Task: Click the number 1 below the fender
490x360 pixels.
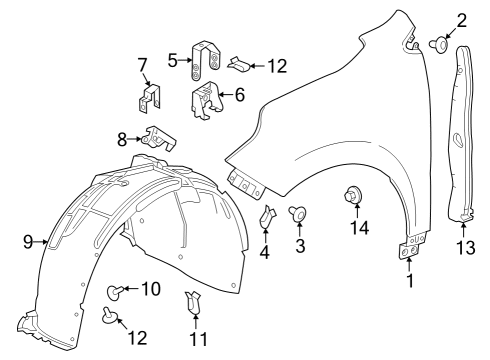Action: click(408, 282)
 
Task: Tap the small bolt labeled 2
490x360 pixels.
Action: click(440, 43)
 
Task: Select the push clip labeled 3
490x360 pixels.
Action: click(298, 213)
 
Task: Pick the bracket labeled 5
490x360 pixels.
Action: click(208, 62)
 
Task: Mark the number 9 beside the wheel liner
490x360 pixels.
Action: click(28, 240)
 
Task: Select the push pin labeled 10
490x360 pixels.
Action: click(116, 291)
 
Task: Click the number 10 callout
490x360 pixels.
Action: click(150, 289)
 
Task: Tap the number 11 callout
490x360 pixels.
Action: click(199, 339)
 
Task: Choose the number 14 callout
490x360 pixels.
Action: click(357, 227)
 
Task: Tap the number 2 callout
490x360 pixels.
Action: click(461, 19)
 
